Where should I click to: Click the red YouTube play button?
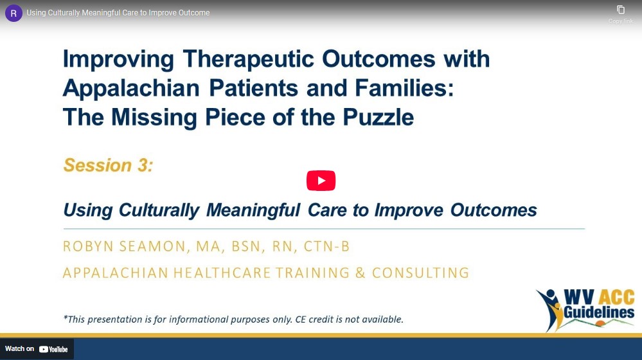[x=321, y=181]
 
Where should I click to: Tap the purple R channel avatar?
[x=13, y=13]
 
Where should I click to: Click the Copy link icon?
[x=621, y=10]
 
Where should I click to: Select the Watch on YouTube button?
[x=37, y=349]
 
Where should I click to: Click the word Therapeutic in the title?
[x=249, y=59]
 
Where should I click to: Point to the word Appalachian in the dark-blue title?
[x=131, y=89]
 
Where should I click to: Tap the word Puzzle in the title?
[x=379, y=117]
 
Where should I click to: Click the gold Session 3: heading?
[x=108, y=165]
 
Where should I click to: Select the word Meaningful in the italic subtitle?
[x=253, y=210]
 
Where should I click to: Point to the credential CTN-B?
[x=326, y=247]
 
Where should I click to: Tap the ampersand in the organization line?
[x=361, y=273]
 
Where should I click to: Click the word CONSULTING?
[x=420, y=273]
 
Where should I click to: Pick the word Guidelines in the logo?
[x=599, y=312]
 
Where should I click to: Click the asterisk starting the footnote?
[x=65, y=318]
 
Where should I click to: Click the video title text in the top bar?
[x=118, y=13]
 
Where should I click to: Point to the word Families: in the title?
[x=404, y=89]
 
